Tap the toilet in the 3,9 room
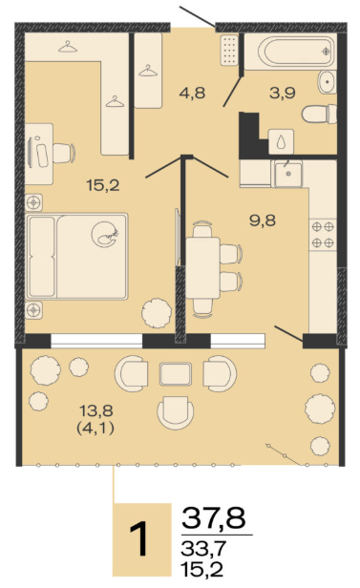click(319, 114)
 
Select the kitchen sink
click(288, 174)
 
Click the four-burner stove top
click(323, 235)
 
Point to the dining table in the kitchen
click(202, 267)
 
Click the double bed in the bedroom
click(77, 257)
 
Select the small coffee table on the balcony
click(176, 374)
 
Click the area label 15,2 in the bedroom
click(103, 185)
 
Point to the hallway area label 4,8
click(192, 93)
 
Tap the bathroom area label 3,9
click(283, 93)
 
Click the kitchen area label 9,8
click(263, 220)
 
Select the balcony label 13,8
click(96, 411)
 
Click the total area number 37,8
click(214, 518)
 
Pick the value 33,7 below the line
click(203, 548)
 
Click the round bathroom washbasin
click(327, 82)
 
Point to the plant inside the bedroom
click(157, 313)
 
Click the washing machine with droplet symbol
click(281, 141)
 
